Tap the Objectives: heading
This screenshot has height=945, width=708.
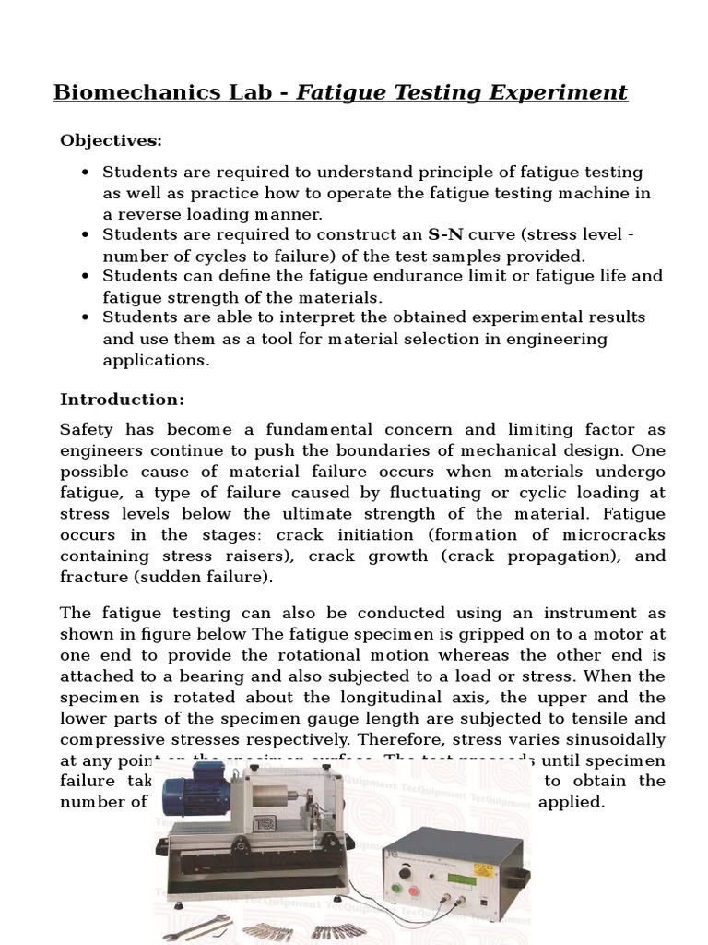[111, 140]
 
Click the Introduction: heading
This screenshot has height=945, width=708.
[122, 400]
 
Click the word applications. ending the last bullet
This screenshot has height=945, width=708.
[156, 359]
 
